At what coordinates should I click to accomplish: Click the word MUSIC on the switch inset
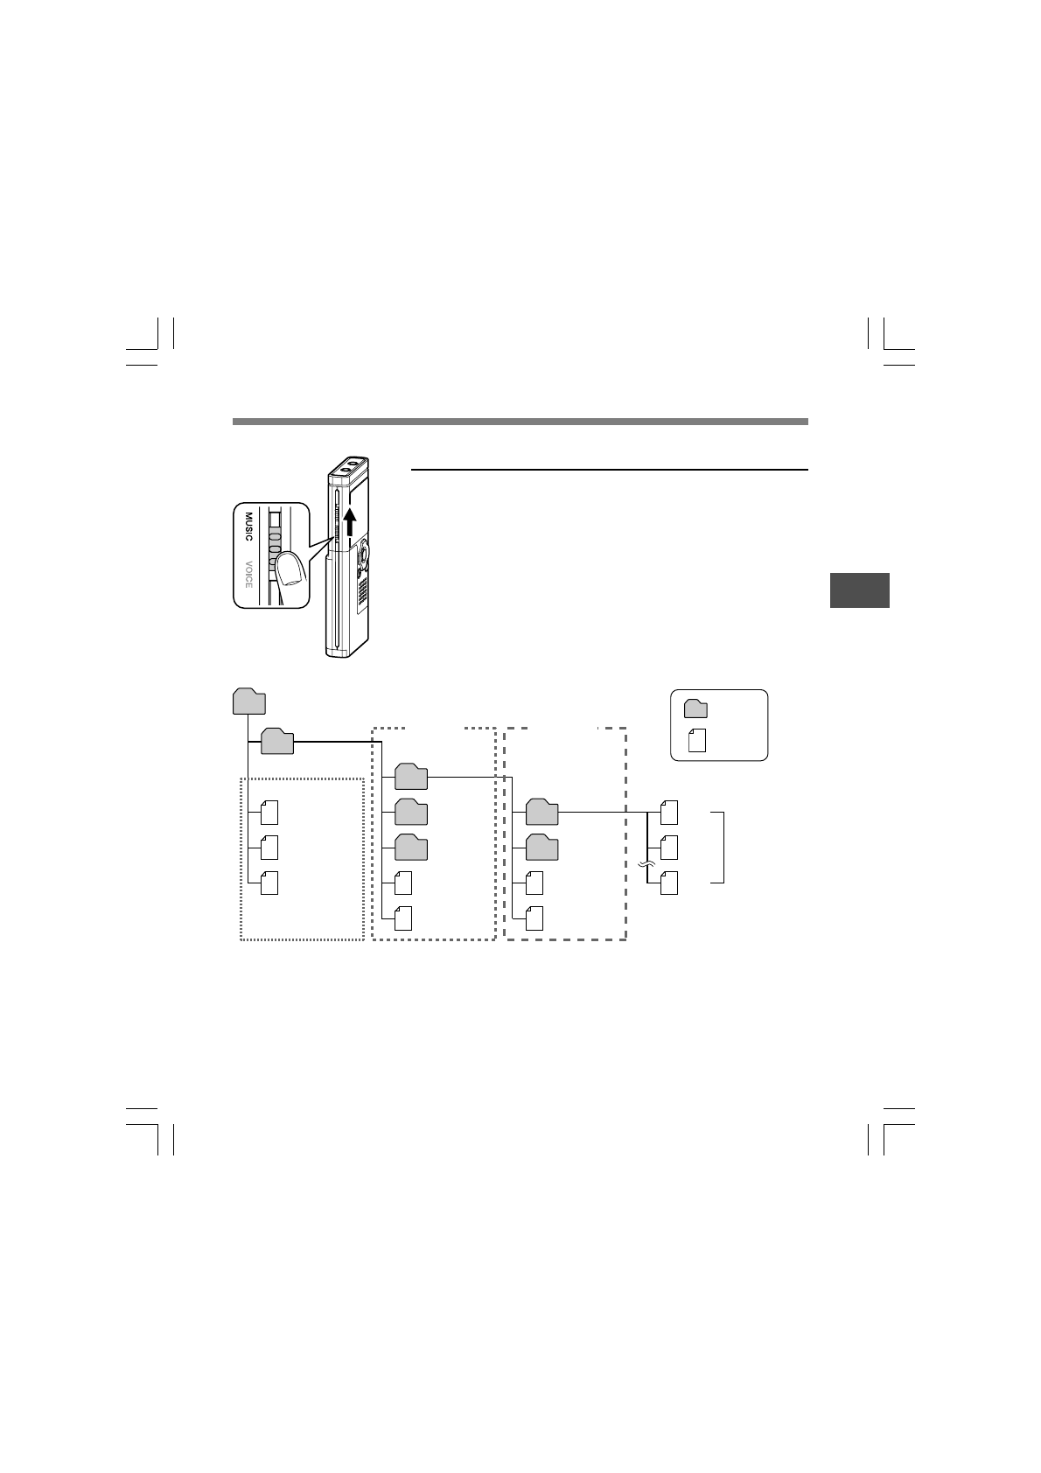pos(248,526)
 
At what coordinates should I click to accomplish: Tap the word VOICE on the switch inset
pos(248,574)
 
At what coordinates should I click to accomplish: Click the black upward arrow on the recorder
pos(351,522)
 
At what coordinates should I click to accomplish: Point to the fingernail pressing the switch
pos(290,569)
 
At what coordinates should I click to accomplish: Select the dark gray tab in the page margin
pos(860,590)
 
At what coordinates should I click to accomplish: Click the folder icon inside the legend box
pos(695,709)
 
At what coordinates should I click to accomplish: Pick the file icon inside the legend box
pos(697,741)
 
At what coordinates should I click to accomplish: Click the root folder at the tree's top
pos(249,701)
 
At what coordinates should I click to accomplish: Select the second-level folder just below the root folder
pos(277,741)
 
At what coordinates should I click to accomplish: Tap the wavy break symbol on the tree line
pos(647,865)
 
